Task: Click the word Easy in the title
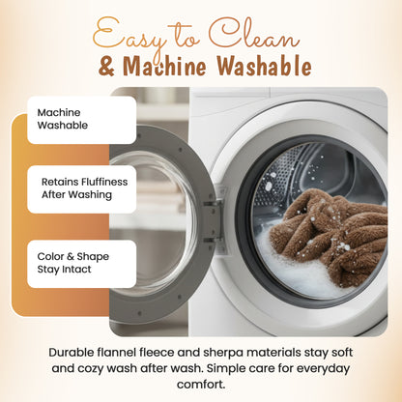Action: (x=129, y=37)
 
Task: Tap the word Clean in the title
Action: (x=254, y=34)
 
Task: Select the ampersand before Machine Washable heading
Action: (x=106, y=67)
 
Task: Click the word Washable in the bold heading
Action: (x=264, y=66)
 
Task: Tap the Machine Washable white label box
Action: (x=82, y=120)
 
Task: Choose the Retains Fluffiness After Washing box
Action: (x=82, y=189)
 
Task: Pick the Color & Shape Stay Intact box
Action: (x=82, y=264)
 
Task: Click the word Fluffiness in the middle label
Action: (x=104, y=182)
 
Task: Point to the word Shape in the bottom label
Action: (x=93, y=257)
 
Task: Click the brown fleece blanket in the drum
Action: (x=329, y=235)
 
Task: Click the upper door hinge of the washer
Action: (x=213, y=204)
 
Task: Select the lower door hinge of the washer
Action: (x=213, y=240)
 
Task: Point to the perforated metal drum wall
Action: (x=280, y=174)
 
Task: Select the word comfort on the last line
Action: (x=201, y=385)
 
